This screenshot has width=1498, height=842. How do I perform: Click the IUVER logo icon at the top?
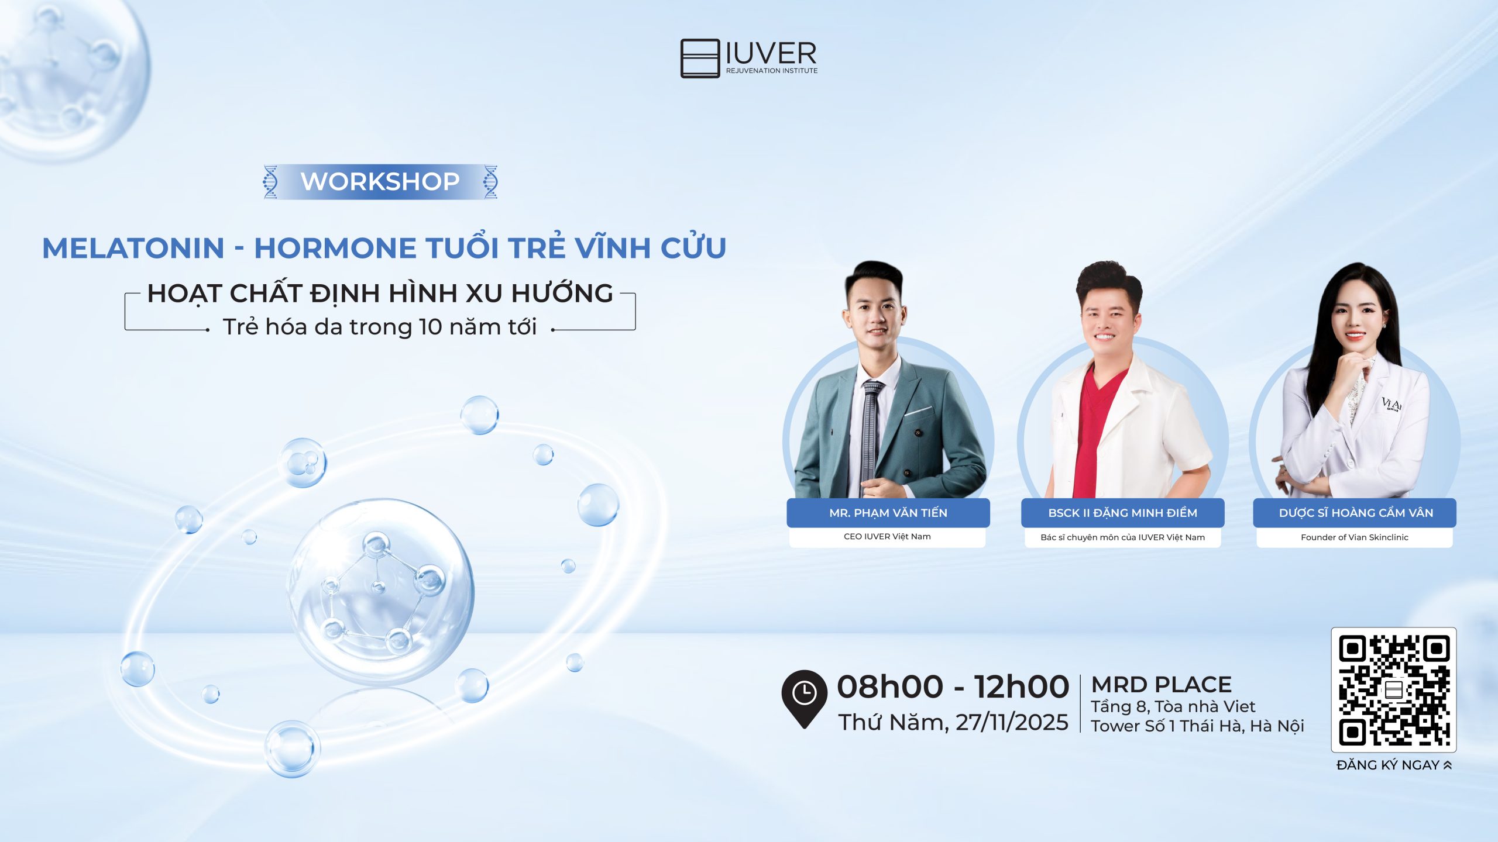pos(700,58)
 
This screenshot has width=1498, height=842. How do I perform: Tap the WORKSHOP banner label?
pos(380,182)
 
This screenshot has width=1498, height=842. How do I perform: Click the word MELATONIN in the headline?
pos(133,248)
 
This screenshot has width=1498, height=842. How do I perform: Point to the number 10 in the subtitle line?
pos(430,327)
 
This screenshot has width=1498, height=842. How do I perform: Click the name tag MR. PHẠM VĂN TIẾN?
pos(888,513)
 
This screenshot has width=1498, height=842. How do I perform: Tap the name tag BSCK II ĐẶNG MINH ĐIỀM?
pos(1122,513)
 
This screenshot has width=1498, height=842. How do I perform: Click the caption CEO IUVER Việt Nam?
pos(887,537)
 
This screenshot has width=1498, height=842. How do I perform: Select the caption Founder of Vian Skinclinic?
pos(1354,537)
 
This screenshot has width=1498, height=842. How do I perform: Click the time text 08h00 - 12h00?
pos(953,686)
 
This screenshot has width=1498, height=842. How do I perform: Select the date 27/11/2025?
pos(1012,723)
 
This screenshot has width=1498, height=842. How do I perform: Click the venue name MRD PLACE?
pos(1162,685)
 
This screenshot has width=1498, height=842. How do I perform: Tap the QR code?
pos(1393,690)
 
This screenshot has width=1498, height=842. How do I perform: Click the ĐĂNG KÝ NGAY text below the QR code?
pos(1388,765)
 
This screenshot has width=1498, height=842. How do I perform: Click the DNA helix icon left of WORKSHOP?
pos(270,182)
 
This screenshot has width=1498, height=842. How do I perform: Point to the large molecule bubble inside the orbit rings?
pos(380,591)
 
